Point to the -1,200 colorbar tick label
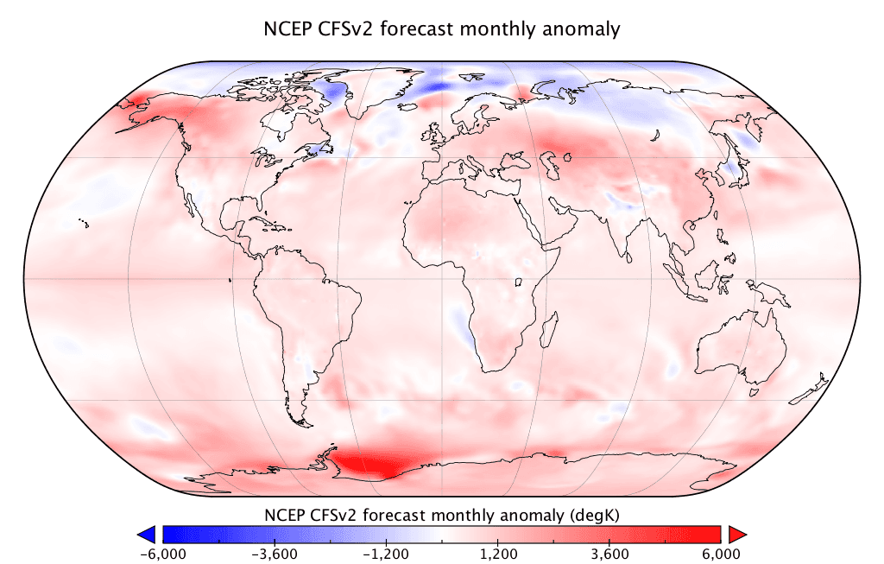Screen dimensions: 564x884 point(385,554)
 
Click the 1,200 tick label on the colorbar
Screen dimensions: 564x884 point(498,554)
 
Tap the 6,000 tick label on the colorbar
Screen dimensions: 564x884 point(721,554)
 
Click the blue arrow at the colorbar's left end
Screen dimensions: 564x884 point(146,534)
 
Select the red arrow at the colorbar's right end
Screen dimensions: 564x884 point(736,534)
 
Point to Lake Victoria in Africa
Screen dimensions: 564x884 point(521,282)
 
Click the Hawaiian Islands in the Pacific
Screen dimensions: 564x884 point(83,223)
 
